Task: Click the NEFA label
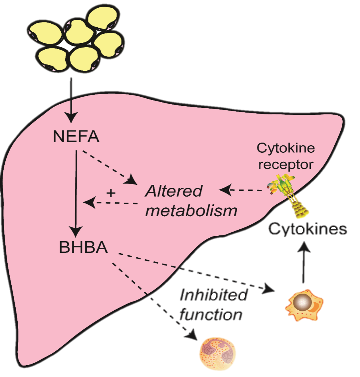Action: coord(76,136)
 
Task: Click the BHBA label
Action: coord(83,247)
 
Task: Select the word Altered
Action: coord(174,191)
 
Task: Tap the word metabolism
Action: coord(191,211)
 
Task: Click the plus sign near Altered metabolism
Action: coord(111,193)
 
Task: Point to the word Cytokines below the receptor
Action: coord(308,229)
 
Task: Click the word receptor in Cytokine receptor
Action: coord(286,164)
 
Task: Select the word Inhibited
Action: coord(213,295)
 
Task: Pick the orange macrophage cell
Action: coord(304,305)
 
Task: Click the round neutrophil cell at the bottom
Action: coord(217,354)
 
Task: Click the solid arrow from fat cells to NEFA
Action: coord(71,100)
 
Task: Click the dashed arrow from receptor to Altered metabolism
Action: coord(242,190)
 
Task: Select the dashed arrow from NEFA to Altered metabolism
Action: coord(108,167)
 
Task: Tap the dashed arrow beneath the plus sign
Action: coord(111,203)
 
